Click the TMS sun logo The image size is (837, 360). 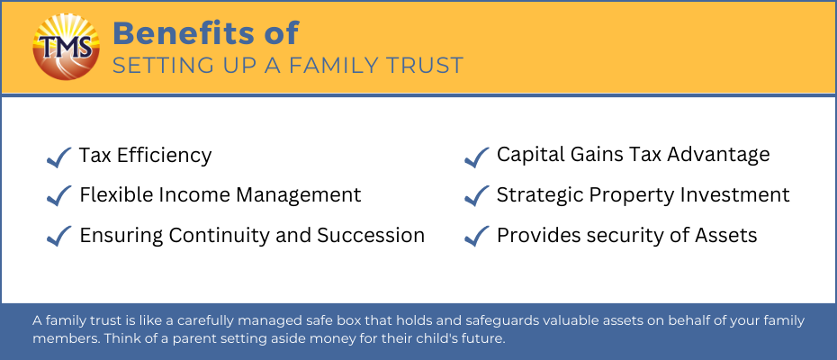click(x=67, y=47)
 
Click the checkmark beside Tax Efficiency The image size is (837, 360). click(x=59, y=157)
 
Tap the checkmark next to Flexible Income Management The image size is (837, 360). click(x=59, y=196)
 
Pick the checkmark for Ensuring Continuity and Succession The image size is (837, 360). click(x=59, y=236)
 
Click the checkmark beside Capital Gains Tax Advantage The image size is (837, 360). click(x=477, y=157)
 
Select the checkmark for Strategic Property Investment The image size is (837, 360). click(x=477, y=196)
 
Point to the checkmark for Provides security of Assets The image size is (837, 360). click(x=477, y=236)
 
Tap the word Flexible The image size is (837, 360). click(x=111, y=195)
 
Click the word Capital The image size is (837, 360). click(x=526, y=155)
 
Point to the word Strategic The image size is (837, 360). click(x=539, y=195)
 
